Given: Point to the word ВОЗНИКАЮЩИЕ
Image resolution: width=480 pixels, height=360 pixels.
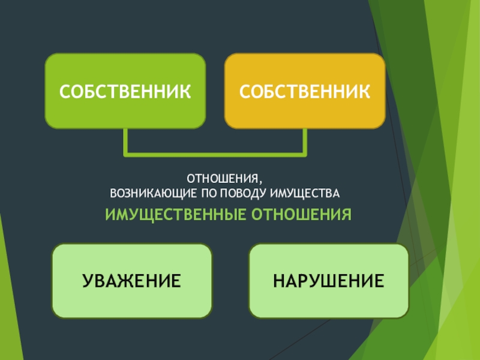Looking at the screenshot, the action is [x=150, y=194].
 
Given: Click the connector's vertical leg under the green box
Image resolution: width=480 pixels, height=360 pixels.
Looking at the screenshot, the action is [x=125, y=142].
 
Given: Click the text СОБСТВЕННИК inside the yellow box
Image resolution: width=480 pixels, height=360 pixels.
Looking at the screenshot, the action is [x=305, y=91].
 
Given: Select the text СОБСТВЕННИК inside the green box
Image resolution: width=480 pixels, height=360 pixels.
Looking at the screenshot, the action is [x=125, y=91].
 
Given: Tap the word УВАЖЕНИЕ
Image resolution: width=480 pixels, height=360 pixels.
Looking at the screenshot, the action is [x=132, y=281].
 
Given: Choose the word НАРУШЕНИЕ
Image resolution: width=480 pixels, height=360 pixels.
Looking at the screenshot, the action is [x=329, y=281].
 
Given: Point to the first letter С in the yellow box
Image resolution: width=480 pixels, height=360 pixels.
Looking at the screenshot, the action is [x=245, y=91].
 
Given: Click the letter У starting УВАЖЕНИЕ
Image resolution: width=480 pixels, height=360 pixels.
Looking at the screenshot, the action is [x=88, y=281].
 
